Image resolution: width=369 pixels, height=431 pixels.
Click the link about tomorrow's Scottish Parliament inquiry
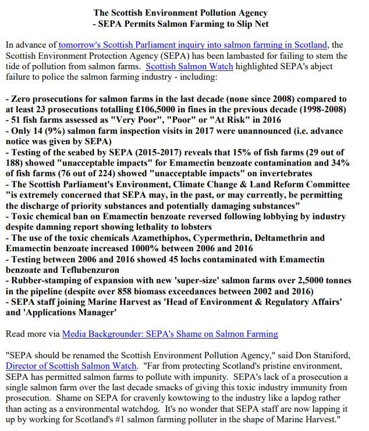pos(192,45)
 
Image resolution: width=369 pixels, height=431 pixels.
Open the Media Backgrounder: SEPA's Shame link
pos(170,334)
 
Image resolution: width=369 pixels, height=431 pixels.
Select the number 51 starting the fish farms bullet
pos(16,119)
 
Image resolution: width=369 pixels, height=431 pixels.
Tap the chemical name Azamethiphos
pos(178,238)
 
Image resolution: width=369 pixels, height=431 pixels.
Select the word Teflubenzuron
pos(77,269)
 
